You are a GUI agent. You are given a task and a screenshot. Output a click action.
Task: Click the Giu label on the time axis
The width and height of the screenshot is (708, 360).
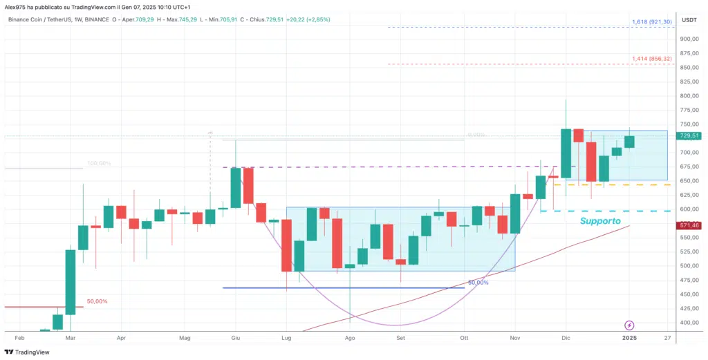pyautogui.click(x=235, y=339)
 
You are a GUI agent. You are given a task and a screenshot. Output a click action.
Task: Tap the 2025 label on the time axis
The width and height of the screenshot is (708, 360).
pyautogui.click(x=630, y=339)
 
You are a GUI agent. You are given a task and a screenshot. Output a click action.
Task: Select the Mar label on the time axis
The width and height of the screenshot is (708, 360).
pyautogui.click(x=70, y=339)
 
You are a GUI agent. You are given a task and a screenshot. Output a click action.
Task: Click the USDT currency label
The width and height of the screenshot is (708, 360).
pyautogui.click(x=689, y=19)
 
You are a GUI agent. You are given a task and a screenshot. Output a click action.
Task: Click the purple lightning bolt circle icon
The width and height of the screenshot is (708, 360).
pyautogui.click(x=630, y=325)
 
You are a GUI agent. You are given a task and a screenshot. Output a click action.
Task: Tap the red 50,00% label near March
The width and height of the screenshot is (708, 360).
pyautogui.click(x=97, y=302)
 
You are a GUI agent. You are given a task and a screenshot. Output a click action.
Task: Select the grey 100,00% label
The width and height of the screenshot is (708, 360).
pyautogui.click(x=99, y=164)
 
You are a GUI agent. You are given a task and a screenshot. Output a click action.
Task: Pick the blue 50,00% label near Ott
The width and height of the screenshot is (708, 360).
pyautogui.click(x=478, y=283)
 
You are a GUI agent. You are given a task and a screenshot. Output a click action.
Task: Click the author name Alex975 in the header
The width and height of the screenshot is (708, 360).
pyautogui.click(x=17, y=6)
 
